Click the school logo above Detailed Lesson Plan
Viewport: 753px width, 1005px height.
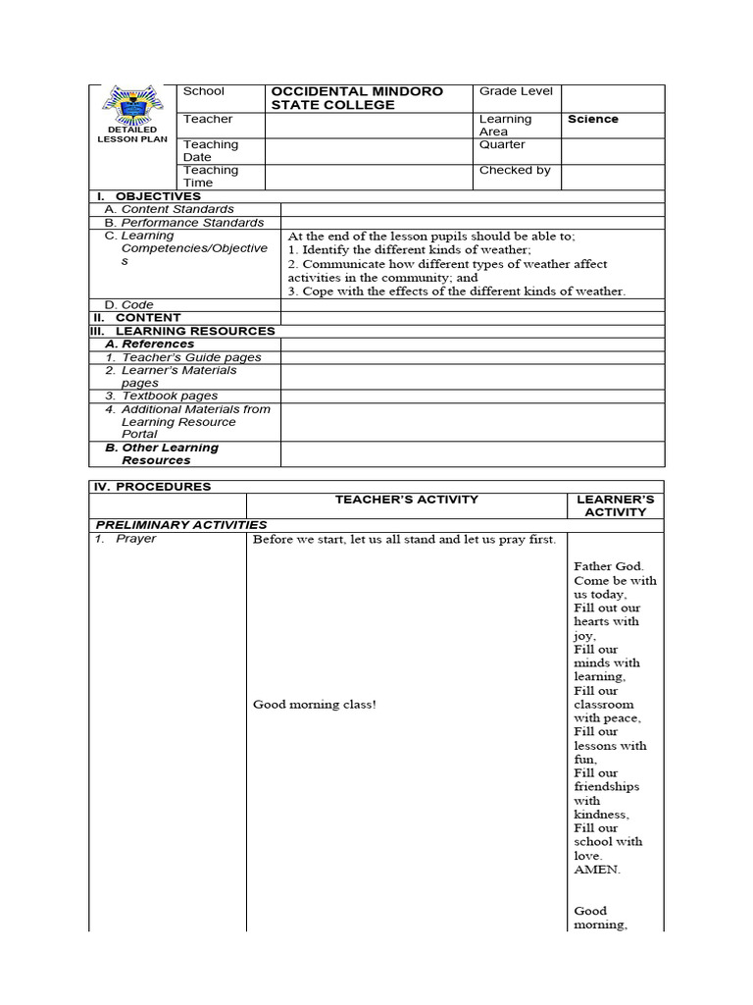tap(132, 106)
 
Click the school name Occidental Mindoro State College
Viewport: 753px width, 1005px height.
tap(357, 98)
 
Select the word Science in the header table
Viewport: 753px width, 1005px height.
tap(592, 119)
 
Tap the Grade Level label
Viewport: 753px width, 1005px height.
tap(516, 91)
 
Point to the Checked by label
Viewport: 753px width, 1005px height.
tap(514, 170)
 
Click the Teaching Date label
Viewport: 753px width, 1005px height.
tap(211, 150)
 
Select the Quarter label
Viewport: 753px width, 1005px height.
tap(502, 144)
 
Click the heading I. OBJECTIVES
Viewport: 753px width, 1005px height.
tap(148, 196)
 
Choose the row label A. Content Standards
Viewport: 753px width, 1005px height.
tap(170, 209)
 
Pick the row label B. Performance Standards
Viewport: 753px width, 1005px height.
tap(183, 223)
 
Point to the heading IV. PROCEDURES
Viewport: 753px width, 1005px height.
tap(152, 486)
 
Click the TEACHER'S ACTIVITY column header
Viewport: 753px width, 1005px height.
tap(406, 500)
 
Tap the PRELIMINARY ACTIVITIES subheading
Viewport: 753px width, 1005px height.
tap(180, 524)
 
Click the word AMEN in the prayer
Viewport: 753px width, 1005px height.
tap(597, 870)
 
